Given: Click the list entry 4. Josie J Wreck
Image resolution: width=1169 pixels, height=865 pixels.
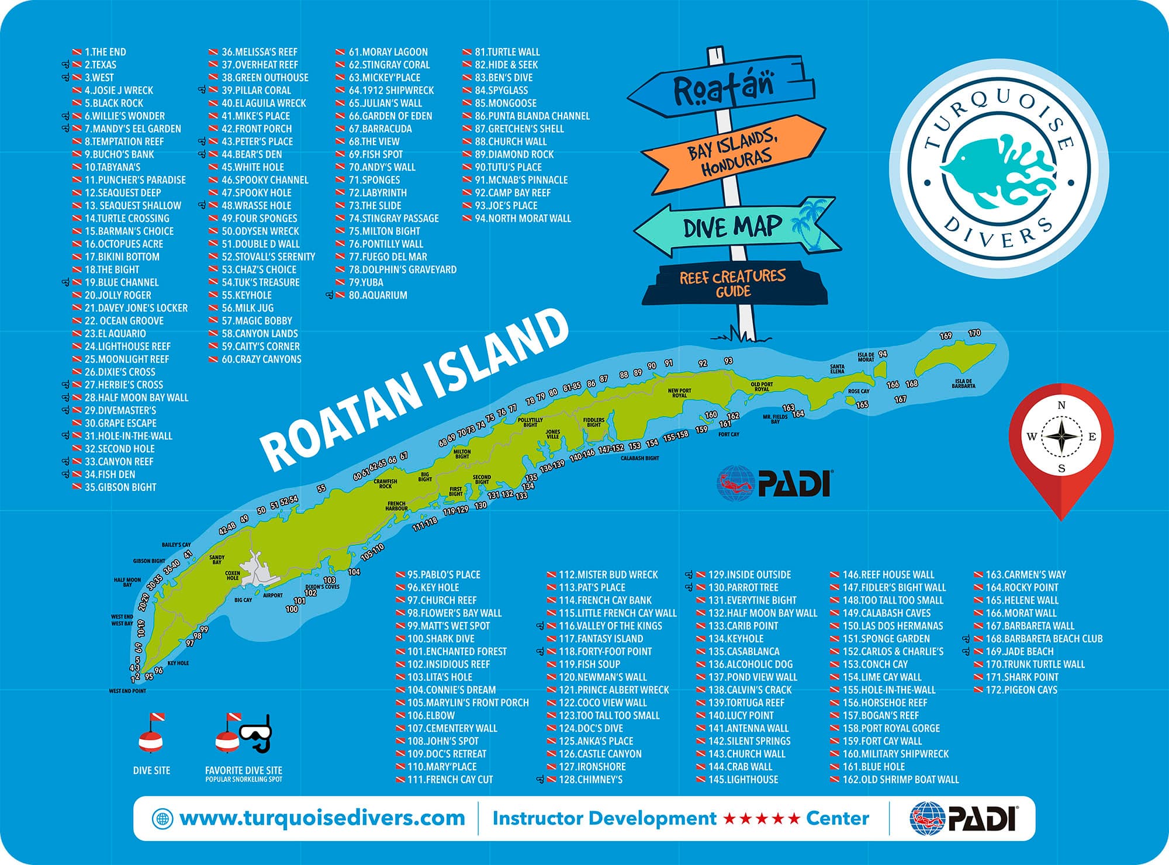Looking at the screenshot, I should (x=119, y=91).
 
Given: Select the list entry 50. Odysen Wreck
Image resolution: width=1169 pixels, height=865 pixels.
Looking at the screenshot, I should (x=260, y=231).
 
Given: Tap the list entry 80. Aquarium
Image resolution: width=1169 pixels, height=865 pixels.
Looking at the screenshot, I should (x=378, y=295).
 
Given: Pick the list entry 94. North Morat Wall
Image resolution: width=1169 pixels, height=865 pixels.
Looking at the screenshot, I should (x=523, y=219).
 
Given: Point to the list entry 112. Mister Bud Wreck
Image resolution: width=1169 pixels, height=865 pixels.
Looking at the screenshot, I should (x=608, y=575).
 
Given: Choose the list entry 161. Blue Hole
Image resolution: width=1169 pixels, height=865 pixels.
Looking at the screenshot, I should (x=873, y=767).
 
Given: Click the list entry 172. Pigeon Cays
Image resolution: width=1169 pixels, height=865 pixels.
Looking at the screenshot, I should (x=1021, y=690).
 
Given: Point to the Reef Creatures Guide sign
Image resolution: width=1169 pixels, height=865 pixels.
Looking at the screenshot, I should (x=733, y=284).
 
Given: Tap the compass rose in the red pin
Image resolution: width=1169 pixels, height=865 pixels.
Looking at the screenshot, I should (x=1061, y=436).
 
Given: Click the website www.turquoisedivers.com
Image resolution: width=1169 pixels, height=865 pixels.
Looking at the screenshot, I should (x=322, y=818).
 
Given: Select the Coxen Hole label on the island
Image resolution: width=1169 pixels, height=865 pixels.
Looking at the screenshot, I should (x=233, y=576).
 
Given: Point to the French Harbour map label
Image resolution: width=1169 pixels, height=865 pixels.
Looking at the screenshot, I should (x=396, y=506).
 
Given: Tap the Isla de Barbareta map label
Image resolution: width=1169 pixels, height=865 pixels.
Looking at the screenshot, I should (x=963, y=383).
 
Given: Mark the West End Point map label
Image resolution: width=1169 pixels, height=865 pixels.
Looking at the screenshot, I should (x=127, y=691).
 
